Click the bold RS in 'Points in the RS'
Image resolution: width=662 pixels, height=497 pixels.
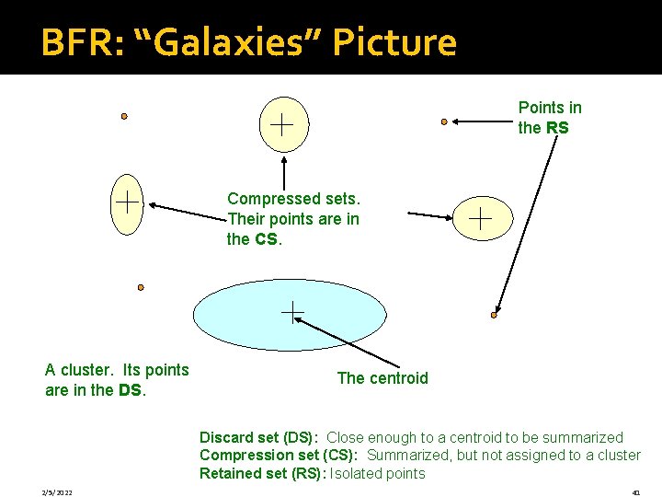[x=557, y=128]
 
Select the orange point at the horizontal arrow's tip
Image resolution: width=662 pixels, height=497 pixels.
[x=444, y=121]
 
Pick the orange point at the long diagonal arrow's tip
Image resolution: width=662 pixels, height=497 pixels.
[x=494, y=315]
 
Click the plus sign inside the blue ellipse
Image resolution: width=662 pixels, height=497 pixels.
[x=291, y=313]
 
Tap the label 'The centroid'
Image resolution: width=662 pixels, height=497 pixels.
[x=382, y=378]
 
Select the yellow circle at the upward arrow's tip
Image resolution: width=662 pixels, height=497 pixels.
[x=282, y=123]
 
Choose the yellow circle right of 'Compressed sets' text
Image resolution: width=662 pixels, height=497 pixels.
[x=481, y=218]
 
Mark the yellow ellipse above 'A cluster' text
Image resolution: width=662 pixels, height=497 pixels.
[x=126, y=202]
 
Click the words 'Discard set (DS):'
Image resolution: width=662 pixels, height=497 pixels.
[x=259, y=437]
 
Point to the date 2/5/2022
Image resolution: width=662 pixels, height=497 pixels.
[x=58, y=492]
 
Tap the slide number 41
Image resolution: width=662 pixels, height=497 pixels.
[x=635, y=492]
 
